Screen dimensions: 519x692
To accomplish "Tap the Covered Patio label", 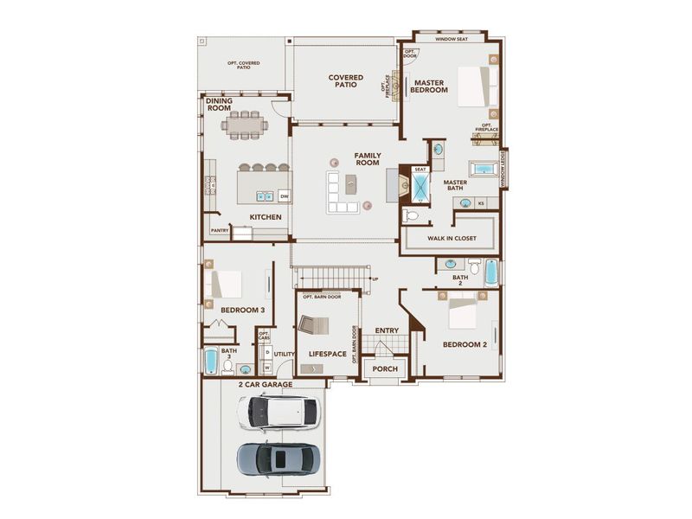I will pyautogui.click(x=345, y=82).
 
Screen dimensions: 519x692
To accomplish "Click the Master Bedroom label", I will pyautogui.click(x=428, y=86).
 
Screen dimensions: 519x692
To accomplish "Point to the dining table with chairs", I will pyautogui.click(x=245, y=125).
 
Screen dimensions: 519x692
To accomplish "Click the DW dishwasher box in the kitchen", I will pyautogui.click(x=284, y=196).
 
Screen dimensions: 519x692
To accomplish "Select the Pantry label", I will pyautogui.click(x=219, y=231).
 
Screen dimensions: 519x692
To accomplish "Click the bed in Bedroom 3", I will pyautogui.click(x=227, y=283).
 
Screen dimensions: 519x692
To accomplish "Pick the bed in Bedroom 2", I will pyautogui.click(x=461, y=312).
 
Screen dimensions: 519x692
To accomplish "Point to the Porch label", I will pyautogui.click(x=385, y=369).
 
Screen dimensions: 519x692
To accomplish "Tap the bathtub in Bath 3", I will pyautogui.click(x=211, y=360).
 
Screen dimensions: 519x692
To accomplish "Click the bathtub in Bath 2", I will pyautogui.click(x=491, y=272).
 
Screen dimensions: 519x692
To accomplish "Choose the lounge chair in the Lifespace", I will pyautogui.click(x=312, y=327).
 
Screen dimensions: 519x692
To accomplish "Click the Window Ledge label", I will pyautogui.click(x=503, y=169).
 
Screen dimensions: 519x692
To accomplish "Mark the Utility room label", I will pyautogui.click(x=284, y=354).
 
